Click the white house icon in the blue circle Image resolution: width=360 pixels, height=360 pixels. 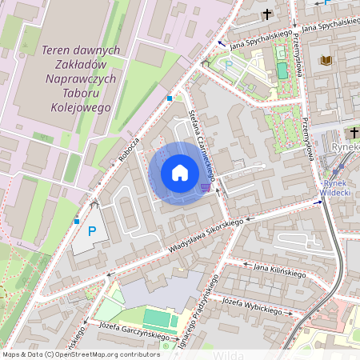click(x=180, y=173)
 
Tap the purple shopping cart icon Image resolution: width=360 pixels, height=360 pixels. click(x=206, y=187)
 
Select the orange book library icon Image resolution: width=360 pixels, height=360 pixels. click(x=326, y=61)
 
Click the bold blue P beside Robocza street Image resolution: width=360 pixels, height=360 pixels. click(x=92, y=232)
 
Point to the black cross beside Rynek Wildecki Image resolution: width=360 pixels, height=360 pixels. click(x=354, y=132)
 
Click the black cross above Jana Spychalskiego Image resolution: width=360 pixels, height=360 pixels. click(x=266, y=14)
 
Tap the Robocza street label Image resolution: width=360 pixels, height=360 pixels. click(x=129, y=148)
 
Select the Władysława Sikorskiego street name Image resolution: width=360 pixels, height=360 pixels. click(x=205, y=238)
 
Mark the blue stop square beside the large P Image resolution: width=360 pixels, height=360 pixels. click(x=77, y=221)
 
